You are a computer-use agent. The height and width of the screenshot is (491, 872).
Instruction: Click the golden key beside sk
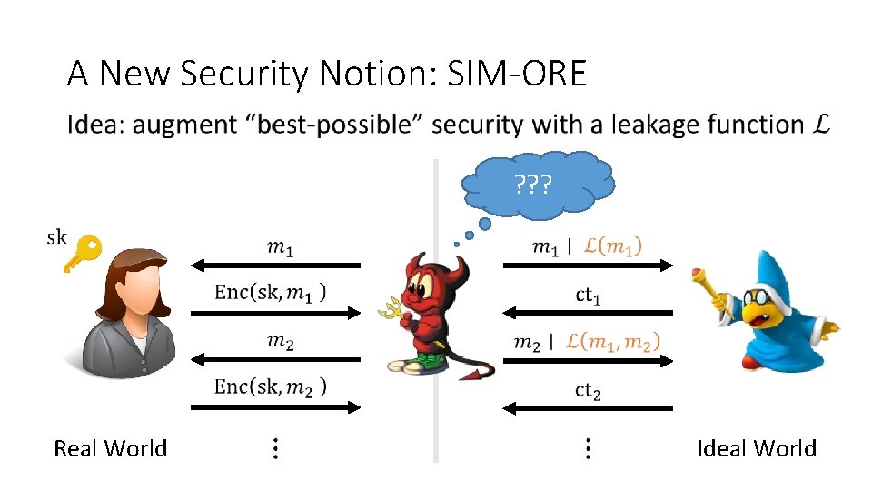[x=83, y=253]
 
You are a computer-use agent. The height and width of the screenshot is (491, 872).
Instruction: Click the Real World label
[x=111, y=448]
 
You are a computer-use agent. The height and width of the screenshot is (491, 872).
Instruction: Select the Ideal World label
[x=756, y=448]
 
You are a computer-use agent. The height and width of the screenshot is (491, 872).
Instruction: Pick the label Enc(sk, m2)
[x=271, y=386]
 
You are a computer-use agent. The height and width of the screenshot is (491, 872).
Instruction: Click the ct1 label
[x=588, y=296]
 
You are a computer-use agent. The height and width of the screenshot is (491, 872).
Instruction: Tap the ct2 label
[x=588, y=391]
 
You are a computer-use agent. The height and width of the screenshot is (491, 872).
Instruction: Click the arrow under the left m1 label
[x=276, y=265]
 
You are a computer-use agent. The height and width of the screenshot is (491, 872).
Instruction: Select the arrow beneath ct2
[x=588, y=407]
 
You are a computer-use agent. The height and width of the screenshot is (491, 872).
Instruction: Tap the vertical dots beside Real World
[x=275, y=448]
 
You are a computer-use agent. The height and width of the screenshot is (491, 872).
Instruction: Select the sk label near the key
[x=56, y=237]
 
